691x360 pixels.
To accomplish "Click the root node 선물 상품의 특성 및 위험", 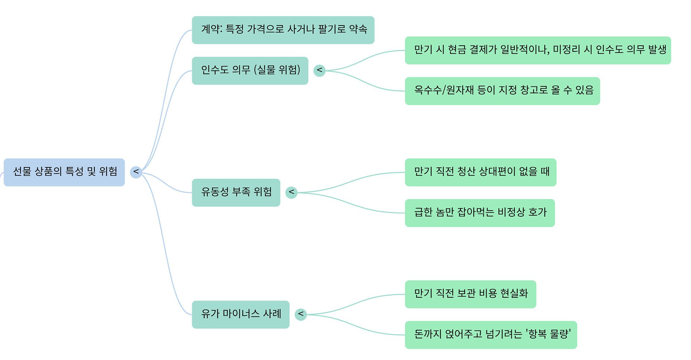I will point(64,172).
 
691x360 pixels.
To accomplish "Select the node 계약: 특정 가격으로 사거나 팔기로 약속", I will point(283,30).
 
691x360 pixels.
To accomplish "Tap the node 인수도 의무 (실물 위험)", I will point(250,71).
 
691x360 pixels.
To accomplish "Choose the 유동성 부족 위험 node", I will point(236,193).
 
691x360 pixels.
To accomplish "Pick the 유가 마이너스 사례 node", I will point(241,314).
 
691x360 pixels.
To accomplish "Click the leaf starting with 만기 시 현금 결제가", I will point(538,50).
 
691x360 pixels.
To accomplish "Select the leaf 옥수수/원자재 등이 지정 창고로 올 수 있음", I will point(502,91).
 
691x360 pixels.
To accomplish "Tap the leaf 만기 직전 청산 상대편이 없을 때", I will point(480,172).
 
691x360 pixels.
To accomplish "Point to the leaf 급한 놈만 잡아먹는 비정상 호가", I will point(480,213).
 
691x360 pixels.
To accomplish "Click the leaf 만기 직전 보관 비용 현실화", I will point(470,294).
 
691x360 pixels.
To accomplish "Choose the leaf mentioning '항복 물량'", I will point(491,335).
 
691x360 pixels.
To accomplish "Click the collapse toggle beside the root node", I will point(136,172).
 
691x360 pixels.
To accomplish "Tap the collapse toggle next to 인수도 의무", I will point(320,71).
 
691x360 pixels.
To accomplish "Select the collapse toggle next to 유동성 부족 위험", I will point(292,193).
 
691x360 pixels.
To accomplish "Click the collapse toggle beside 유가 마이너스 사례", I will point(301,314).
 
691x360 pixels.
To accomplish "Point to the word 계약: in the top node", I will point(212,29).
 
